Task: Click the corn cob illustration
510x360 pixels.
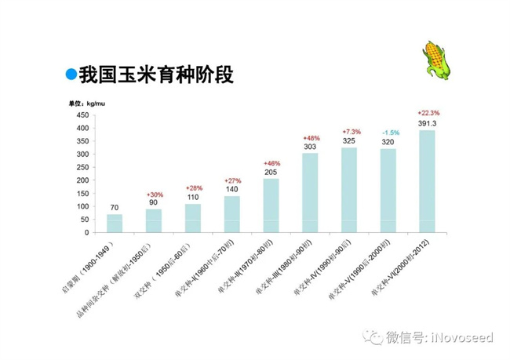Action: (x=436, y=59)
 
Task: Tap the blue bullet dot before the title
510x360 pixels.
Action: (x=70, y=75)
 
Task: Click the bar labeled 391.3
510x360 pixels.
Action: (x=427, y=181)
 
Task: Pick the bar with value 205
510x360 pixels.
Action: (x=271, y=205)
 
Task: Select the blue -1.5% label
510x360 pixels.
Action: (x=389, y=132)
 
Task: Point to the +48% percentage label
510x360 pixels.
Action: (x=310, y=136)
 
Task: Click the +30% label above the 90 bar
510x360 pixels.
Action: (x=154, y=194)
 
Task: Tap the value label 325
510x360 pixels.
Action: (x=349, y=141)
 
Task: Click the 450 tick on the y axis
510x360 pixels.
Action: (x=82, y=115)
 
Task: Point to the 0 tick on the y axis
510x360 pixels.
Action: (x=87, y=233)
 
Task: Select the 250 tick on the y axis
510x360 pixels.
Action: (x=82, y=168)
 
